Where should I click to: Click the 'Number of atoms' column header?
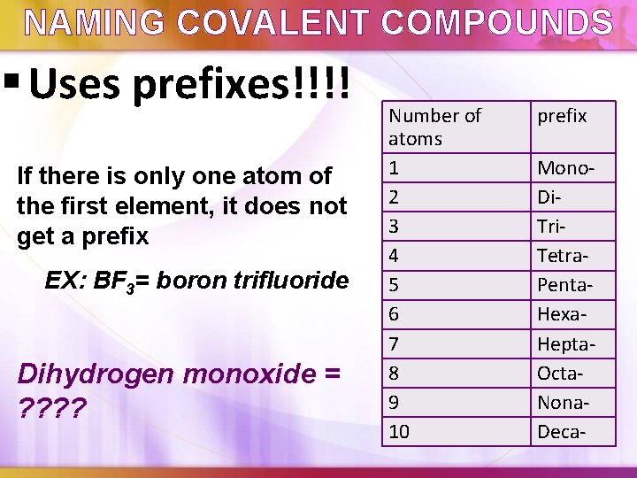pyautogui.click(x=434, y=127)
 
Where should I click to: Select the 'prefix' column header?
pyautogui.click(x=563, y=116)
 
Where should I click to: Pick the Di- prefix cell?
pyautogui.click(x=549, y=197)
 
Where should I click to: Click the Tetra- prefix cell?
pyautogui.click(x=564, y=256)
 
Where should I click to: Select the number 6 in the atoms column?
pyautogui.click(x=395, y=314)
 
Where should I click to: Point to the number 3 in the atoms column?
pyautogui.click(x=395, y=227)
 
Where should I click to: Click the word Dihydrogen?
pyautogui.click(x=96, y=374)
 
